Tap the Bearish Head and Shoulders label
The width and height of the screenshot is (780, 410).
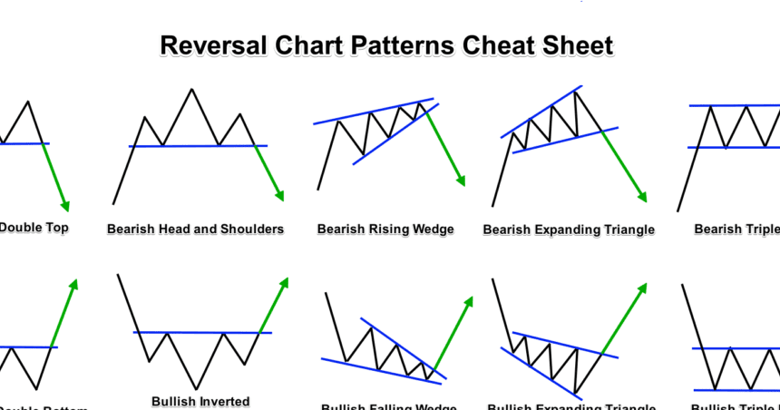(x=195, y=229)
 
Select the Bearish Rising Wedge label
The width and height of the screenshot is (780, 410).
(x=385, y=229)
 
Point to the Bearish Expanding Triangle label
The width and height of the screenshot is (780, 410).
(x=569, y=229)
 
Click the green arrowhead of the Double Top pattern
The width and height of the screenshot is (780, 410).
(x=64, y=206)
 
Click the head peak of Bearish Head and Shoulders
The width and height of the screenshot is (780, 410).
(x=191, y=89)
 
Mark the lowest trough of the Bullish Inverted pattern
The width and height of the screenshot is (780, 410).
(x=194, y=388)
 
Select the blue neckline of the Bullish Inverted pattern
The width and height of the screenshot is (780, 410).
(x=200, y=332)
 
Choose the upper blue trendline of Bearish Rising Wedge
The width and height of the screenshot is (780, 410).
(x=372, y=110)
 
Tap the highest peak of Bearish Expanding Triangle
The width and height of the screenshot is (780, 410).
(x=578, y=89)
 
